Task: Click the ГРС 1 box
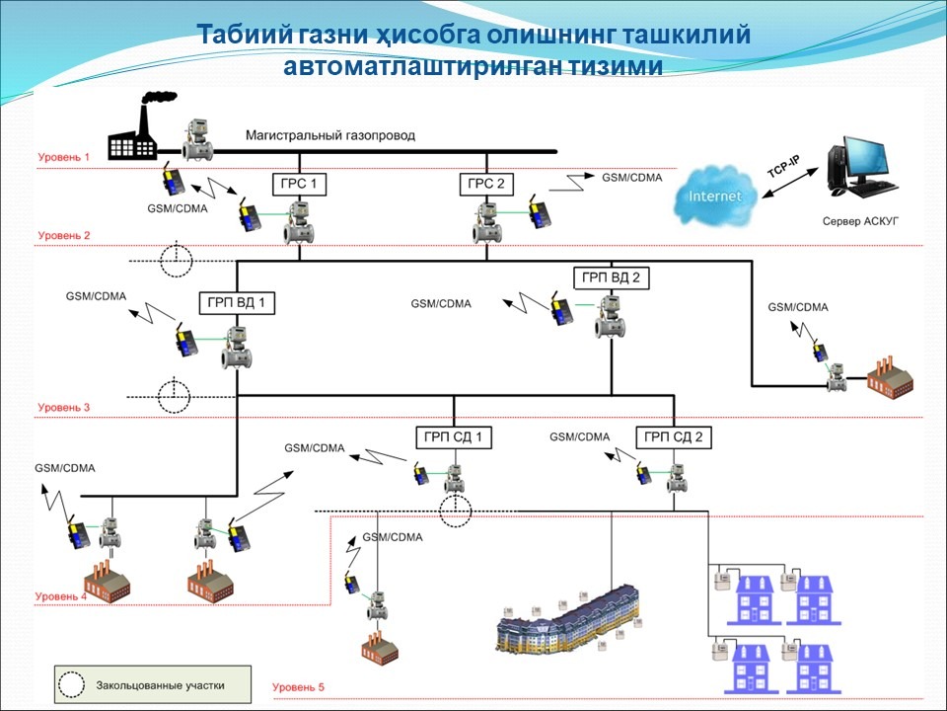[299, 184]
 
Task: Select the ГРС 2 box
[486, 184]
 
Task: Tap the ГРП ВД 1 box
[237, 302]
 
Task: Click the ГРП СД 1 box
[453, 436]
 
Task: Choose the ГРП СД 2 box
[674, 436]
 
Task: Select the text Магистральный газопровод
[330, 135]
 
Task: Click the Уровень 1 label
[64, 157]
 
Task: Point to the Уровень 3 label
[64, 407]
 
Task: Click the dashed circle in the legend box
[72, 683]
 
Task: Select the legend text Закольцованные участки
[161, 684]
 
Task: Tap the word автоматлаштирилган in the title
[416, 66]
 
